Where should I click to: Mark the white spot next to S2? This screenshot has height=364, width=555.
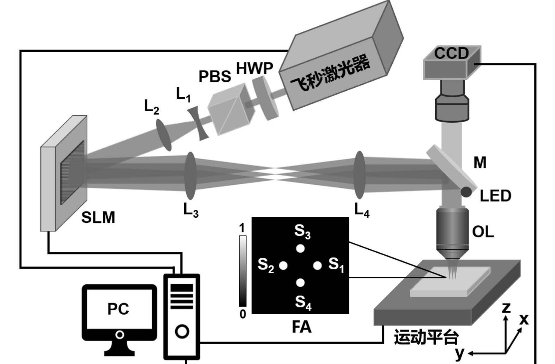[283, 266]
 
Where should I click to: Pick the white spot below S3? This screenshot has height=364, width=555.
[300, 248]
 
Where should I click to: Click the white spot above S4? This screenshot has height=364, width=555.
[300, 283]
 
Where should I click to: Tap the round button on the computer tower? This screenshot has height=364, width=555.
[182, 331]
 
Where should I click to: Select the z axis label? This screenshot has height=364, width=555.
[507, 308]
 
